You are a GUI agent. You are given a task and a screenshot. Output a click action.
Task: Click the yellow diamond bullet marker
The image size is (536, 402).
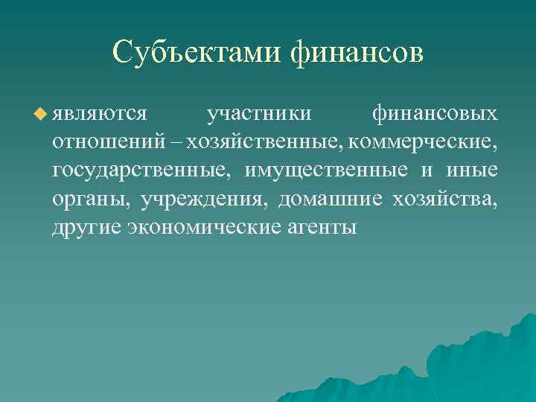click(x=40, y=114)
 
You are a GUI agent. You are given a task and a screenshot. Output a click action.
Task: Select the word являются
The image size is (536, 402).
click(x=99, y=115)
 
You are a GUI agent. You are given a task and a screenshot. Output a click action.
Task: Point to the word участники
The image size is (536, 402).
click(x=259, y=115)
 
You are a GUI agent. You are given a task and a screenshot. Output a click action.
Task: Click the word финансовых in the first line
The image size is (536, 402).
click(x=435, y=115)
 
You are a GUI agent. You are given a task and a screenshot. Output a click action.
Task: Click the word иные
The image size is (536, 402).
click(x=472, y=170)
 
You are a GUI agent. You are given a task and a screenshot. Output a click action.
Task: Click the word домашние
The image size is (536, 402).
click(x=332, y=199)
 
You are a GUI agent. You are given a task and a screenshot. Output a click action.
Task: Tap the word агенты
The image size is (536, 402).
click(x=322, y=227)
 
